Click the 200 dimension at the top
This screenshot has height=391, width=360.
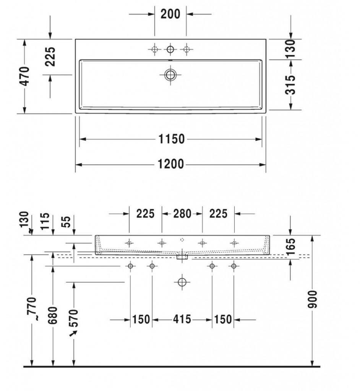(x=170, y=14)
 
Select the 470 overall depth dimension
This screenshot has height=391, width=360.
(x=25, y=76)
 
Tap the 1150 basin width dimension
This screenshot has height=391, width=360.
(x=172, y=139)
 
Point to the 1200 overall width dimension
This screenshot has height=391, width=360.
(x=171, y=164)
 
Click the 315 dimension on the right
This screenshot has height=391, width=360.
(x=290, y=85)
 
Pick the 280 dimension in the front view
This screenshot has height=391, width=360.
(x=182, y=214)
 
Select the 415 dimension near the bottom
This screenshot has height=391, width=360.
(x=182, y=319)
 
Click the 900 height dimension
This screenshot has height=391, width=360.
(x=312, y=299)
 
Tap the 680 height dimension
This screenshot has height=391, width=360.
(x=53, y=315)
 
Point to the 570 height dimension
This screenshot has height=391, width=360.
(x=74, y=318)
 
